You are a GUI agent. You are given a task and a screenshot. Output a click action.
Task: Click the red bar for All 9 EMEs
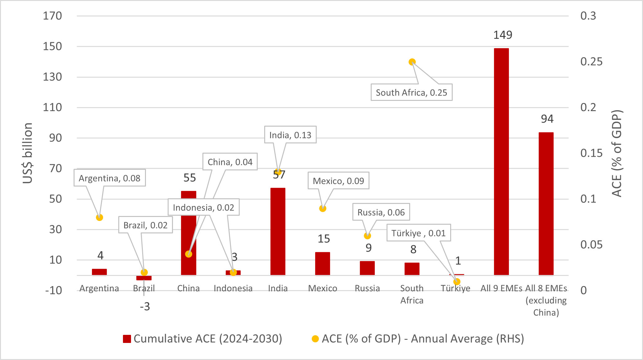[501, 161]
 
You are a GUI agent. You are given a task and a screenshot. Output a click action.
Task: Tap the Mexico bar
[323, 263]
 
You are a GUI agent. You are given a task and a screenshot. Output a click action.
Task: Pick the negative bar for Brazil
[144, 278]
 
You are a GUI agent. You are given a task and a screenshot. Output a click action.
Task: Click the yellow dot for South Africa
[412, 62]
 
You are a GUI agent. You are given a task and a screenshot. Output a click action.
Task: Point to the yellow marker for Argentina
[99, 218]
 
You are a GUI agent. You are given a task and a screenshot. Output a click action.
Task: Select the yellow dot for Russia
[367, 236]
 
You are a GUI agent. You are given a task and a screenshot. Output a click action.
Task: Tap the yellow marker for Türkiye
[457, 281]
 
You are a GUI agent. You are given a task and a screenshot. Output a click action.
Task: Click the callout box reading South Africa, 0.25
[411, 92]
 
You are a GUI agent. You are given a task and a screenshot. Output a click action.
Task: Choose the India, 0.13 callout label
[290, 135]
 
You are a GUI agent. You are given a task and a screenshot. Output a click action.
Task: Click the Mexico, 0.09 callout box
[338, 181]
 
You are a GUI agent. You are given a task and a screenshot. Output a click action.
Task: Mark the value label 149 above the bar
[503, 35]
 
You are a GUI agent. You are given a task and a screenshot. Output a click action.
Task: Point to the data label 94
[547, 119]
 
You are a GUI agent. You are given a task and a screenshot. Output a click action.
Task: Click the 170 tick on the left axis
[52, 16]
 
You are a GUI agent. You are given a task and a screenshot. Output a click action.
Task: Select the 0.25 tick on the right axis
[591, 62]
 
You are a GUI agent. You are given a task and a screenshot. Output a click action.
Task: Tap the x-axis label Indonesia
[233, 288]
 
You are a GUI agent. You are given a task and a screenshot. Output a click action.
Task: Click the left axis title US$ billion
[28, 153]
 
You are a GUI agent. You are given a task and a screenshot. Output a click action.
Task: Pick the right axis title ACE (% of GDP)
[617, 153]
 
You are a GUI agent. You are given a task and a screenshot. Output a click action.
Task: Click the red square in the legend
[127, 339]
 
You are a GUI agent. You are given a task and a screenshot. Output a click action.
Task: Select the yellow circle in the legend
[315, 339]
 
